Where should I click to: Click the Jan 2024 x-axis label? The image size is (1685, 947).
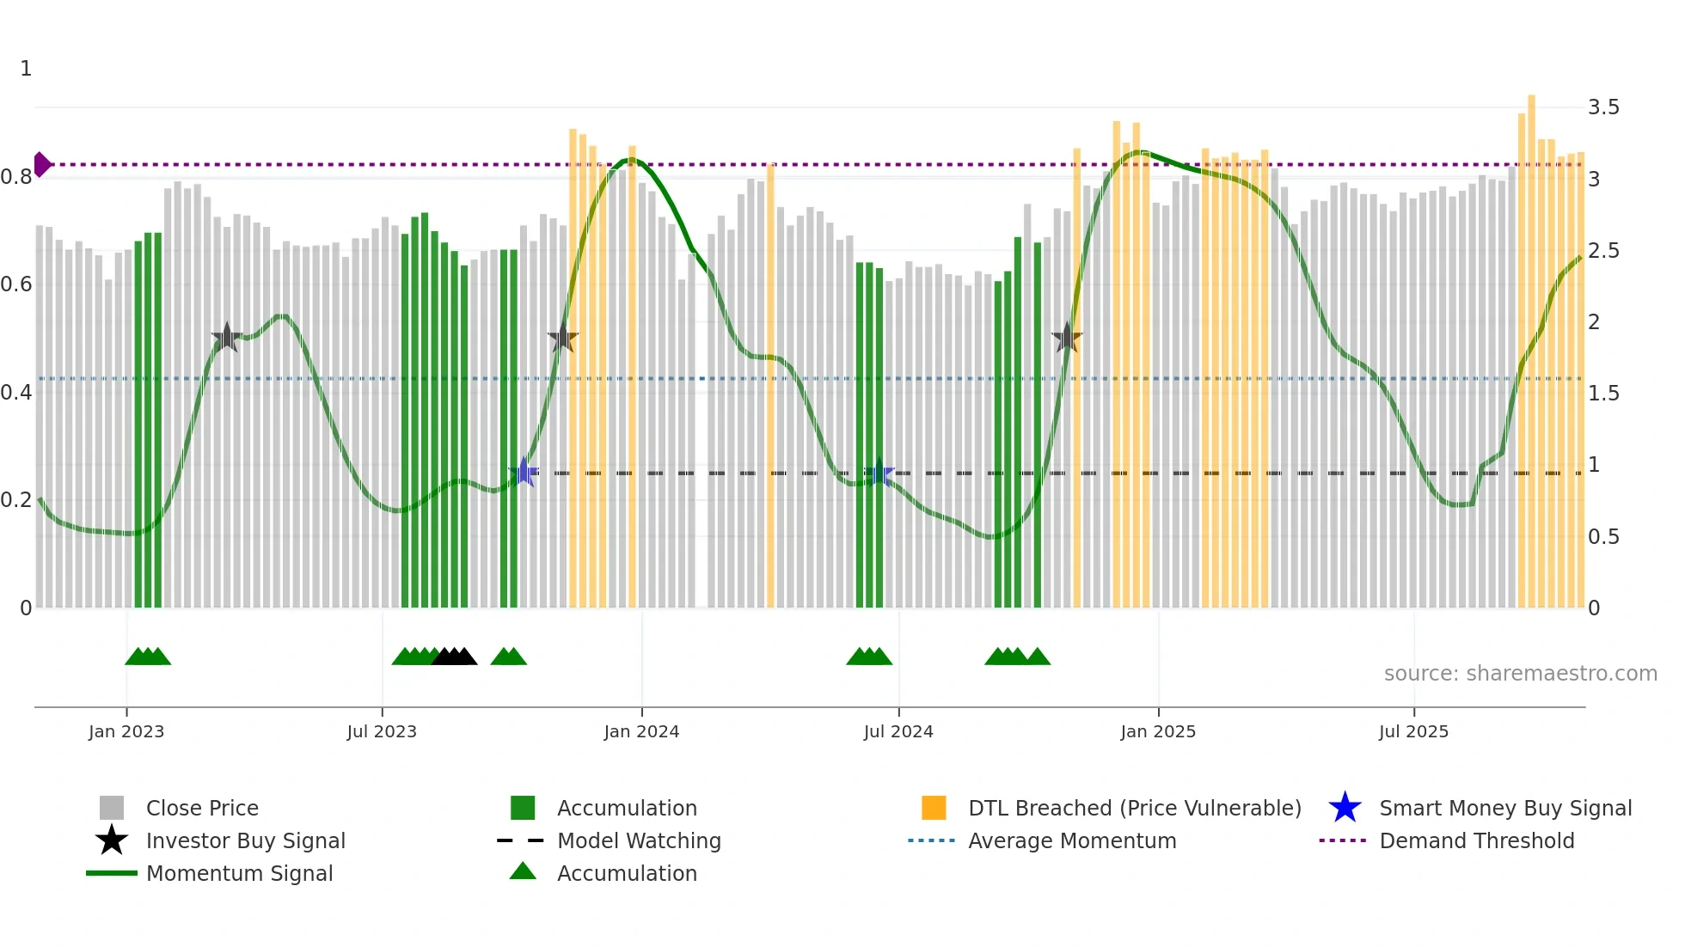coord(641,731)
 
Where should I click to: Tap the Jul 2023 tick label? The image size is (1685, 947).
coord(382,731)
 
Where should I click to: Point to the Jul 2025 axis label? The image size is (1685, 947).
coord(1413,731)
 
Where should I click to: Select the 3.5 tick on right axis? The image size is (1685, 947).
coord(1603,107)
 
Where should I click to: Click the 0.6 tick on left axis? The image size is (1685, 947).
coord(16,284)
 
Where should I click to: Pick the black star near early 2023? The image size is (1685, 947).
coord(226,338)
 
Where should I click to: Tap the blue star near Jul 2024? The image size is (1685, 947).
coord(879,473)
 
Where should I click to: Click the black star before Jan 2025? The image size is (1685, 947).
coord(1066,338)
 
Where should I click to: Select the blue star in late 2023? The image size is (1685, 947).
coord(524,472)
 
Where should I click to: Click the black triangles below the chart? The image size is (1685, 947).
coord(454,657)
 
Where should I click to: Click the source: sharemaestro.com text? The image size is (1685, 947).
coord(1520,674)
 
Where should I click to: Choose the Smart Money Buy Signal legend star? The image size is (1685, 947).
coord(1345,808)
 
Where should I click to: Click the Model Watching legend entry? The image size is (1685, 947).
coord(638,840)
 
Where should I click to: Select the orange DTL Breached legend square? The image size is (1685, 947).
coord(934,808)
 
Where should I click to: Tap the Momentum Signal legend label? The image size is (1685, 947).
coord(239,873)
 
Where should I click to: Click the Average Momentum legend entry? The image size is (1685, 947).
coord(1071,840)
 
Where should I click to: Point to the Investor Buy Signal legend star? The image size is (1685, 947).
coord(112,840)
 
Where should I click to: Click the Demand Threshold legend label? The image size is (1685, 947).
coord(1476,840)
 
